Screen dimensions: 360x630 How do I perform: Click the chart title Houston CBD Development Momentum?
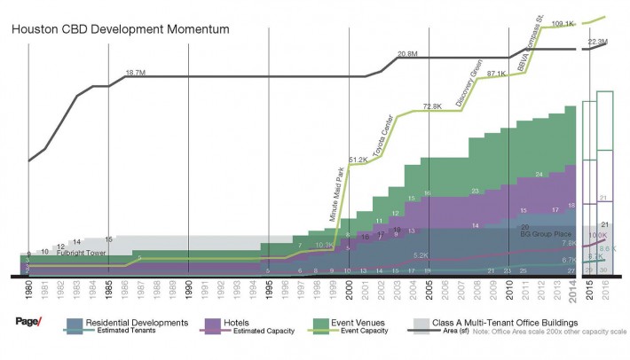coord(120,29)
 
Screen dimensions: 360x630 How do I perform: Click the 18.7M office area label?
coord(136,73)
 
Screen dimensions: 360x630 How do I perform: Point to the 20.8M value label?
coord(407,55)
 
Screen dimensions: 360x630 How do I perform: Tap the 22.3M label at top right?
coord(597,42)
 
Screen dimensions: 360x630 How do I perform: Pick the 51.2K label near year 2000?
coord(358,160)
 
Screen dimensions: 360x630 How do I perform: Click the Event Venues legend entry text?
coord(349,320)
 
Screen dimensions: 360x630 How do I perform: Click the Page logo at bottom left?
coord(28,322)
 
